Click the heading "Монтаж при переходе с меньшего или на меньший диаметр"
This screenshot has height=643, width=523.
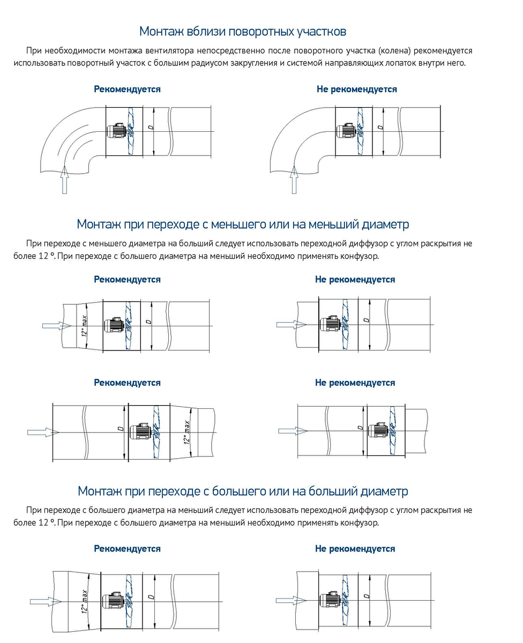click(x=243, y=223)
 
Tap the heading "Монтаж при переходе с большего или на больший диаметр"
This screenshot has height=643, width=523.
click(x=243, y=491)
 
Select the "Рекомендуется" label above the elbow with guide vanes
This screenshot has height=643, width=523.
click(x=127, y=89)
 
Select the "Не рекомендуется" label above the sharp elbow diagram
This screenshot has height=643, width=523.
click(x=356, y=89)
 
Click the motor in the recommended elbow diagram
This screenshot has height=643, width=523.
click(x=116, y=131)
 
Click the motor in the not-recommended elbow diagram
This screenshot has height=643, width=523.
click(x=345, y=131)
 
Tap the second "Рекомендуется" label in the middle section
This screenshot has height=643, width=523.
click(x=127, y=383)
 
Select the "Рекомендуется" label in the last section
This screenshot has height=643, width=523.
click(x=127, y=549)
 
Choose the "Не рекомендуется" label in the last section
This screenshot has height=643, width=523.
click(x=355, y=549)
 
